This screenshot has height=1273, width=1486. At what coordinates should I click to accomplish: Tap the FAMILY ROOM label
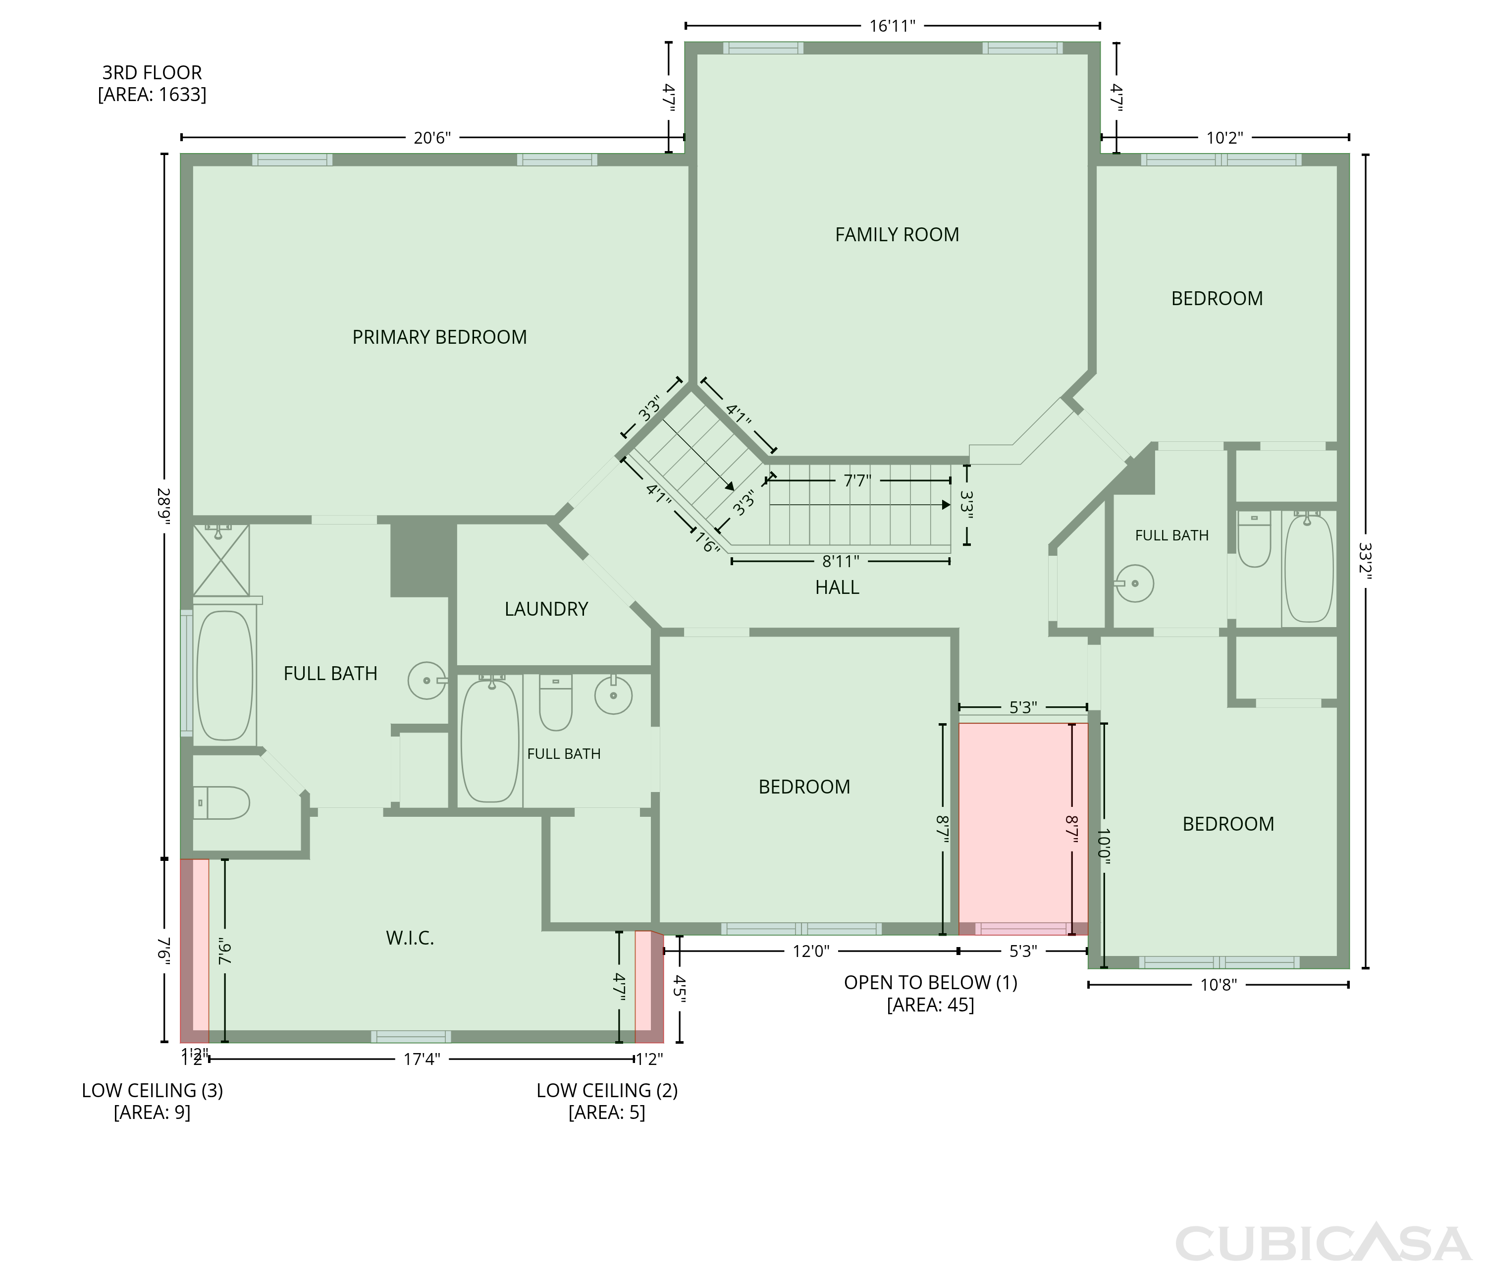(897, 234)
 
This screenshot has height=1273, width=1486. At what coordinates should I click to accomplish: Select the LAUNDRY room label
(546, 609)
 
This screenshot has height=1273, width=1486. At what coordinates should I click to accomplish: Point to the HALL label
(837, 587)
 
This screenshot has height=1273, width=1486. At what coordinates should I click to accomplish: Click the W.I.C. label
(410, 938)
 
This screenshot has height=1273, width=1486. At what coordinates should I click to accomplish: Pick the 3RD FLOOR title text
(152, 72)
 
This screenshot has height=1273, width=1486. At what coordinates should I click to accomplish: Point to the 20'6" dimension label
(432, 138)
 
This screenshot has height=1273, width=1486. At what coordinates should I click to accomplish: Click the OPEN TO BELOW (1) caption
(930, 983)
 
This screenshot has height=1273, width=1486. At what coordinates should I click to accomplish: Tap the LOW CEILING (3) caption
(152, 1090)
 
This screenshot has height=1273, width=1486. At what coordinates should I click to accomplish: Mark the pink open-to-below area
(1023, 829)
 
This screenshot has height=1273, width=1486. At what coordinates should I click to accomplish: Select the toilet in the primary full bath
(221, 802)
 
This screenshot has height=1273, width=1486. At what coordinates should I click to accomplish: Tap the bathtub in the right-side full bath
(1309, 567)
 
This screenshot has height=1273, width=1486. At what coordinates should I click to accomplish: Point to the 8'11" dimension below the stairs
(841, 561)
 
